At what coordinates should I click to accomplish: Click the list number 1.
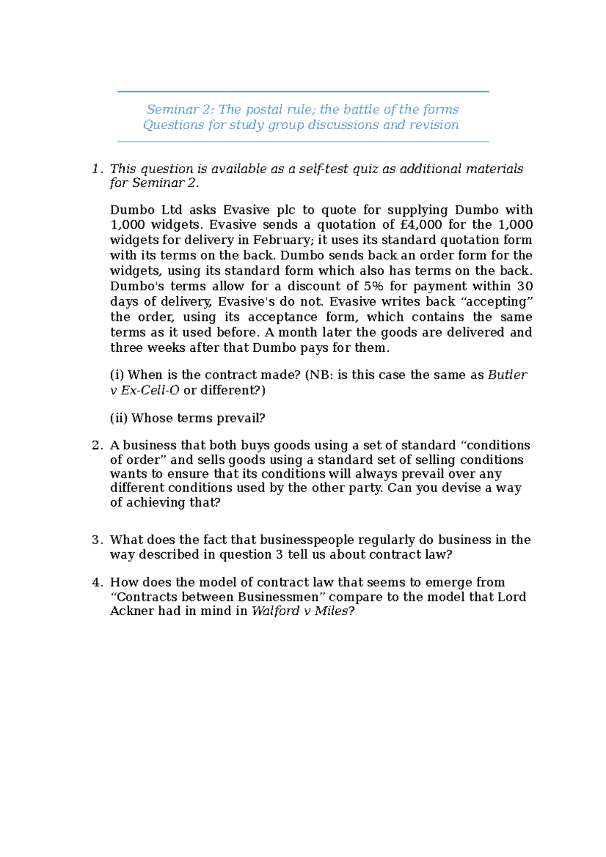tap(96, 169)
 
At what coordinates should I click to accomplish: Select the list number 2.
tap(96, 445)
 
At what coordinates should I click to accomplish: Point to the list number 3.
tap(96, 540)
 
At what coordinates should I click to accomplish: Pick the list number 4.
tap(96, 582)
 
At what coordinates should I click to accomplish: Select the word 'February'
tap(282, 240)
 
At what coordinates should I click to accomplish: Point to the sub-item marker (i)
tap(117, 375)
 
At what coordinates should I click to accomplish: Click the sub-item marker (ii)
tap(119, 418)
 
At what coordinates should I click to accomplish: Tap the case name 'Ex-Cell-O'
tap(150, 390)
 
